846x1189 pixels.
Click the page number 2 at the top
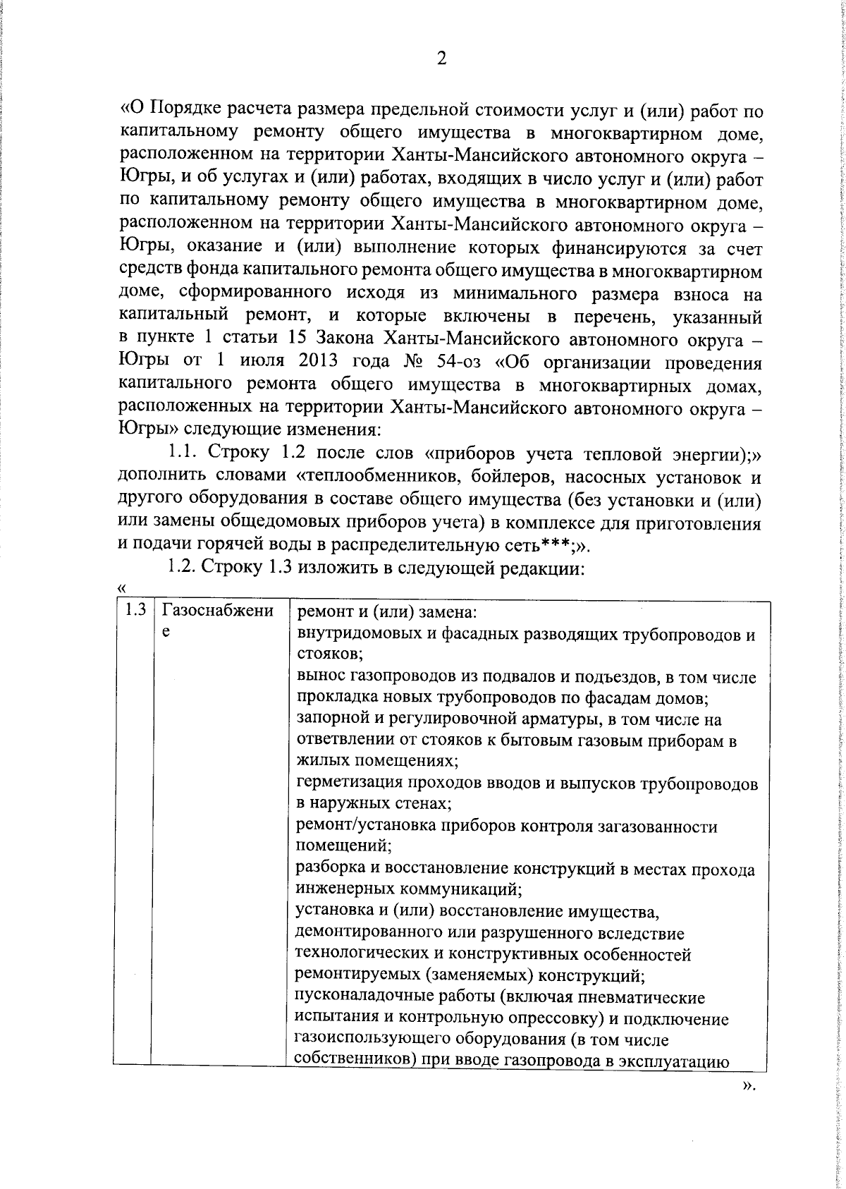click(x=442, y=59)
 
